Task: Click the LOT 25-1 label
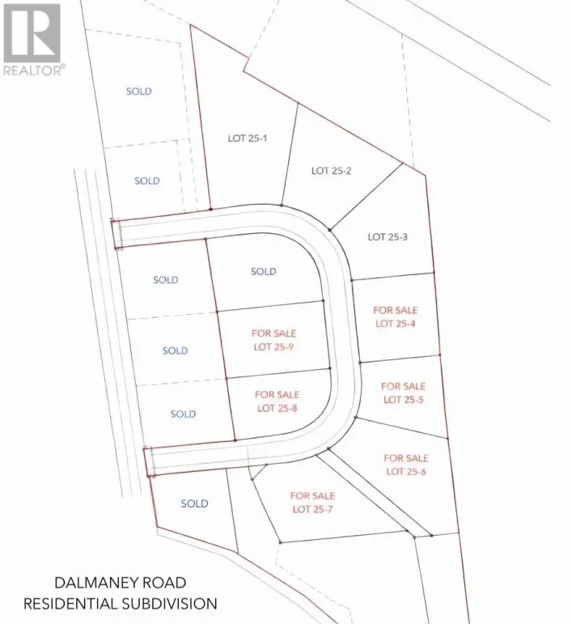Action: [247, 138]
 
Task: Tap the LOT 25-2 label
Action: [331, 171]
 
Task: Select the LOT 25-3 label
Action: [387, 237]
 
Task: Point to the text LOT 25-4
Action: [395, 324]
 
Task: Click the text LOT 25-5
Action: [403, 400]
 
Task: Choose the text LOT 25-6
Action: [406, 472]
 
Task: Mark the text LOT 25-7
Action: [312, 509]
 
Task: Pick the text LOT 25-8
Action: [277, 408]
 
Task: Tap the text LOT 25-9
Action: [273, 346]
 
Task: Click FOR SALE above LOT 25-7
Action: [312, 495]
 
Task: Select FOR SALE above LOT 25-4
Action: [395, 310]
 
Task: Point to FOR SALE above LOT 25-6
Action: [406, 458]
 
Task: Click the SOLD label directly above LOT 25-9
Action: [263, 272]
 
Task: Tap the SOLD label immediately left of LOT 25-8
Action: [183, 414]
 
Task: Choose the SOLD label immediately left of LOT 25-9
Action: [175, 351]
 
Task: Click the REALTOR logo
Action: [32, 38]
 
